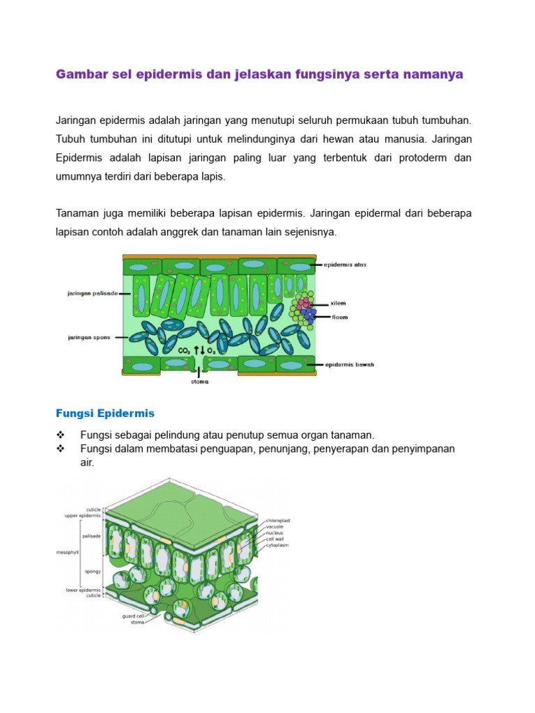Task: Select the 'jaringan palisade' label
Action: pyautogui.click(x=93, y=293)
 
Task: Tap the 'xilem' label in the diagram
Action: pyautogui.click(x=339, y=304)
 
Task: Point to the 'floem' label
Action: pyautogui.click(x=339, y=317)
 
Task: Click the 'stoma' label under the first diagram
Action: pyautogui.click(x=200, y=381)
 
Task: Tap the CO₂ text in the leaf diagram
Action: pyautogui.click(x=185, y=350)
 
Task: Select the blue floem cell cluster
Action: pyautogui.click(x=308, y=315)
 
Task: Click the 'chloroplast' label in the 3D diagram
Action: pyautogui.click(x=278, y=520)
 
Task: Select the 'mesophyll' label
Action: pyautogui.click(x=67, y=552)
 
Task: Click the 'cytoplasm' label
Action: pyautogui.click(x=277, y=545)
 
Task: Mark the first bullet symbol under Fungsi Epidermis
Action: pyautogui.click(x=59, y=434)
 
